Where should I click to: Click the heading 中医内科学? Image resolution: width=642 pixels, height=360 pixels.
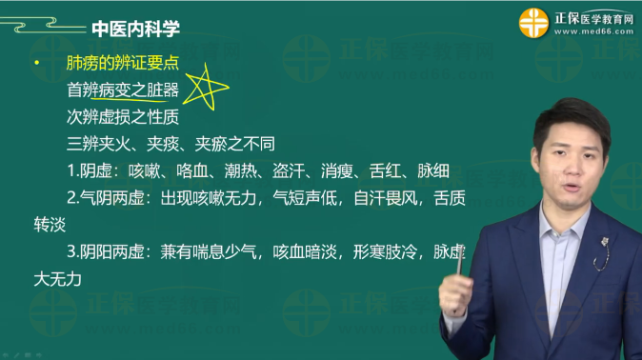pyautogui.click(x=135, y=29)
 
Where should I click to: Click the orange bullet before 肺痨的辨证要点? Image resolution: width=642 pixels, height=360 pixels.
pyautogui.click(x=35, y=64)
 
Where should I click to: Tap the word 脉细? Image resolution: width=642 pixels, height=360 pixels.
pyautogui.click(x=433, y=172)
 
